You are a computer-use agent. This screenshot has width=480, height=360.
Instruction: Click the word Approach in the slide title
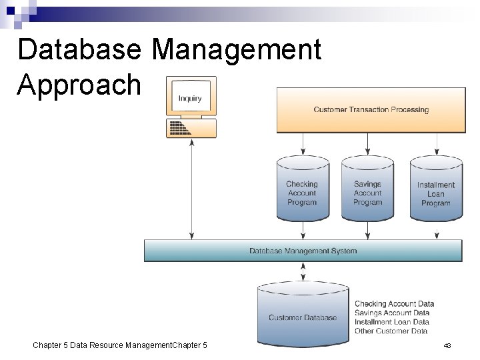79,85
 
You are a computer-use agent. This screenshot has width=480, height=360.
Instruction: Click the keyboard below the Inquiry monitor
191,127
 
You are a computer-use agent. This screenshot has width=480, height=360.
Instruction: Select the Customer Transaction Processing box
371,109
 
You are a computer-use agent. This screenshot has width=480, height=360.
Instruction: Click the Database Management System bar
303,251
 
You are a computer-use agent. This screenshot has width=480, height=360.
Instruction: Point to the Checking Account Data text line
394,304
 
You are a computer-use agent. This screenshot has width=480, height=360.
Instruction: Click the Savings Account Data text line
392,313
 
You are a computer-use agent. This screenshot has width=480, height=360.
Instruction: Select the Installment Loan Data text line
392,322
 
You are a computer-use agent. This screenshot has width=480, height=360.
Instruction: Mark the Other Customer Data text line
391,331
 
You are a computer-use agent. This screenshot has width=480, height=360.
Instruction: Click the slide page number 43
447,345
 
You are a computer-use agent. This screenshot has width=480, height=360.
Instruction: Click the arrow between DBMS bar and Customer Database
303,271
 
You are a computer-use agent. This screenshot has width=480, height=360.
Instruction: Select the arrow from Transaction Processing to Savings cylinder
367,143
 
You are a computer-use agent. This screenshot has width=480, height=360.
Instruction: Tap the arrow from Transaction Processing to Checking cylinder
303,143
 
